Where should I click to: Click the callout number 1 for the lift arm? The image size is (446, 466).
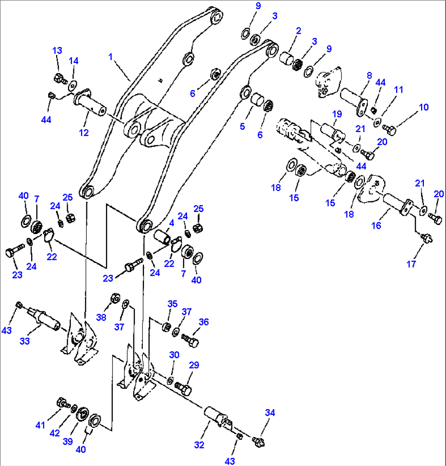[x=110, y=57]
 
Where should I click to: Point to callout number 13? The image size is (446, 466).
[x=57, y=50]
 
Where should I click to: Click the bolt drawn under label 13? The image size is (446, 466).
[x=59, y=77]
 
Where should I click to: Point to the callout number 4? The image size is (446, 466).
[x=171, y=223]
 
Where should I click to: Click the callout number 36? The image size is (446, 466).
[x=203, y=322]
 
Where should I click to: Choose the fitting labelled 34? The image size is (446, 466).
[x=258, y=441]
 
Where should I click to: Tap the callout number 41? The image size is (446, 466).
[x=39, y=425]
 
